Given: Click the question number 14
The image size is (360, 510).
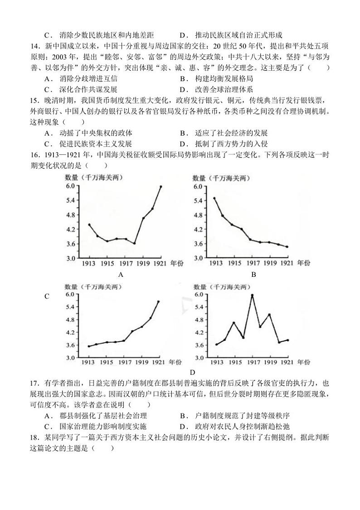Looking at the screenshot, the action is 36,46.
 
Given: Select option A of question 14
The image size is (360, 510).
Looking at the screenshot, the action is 47,78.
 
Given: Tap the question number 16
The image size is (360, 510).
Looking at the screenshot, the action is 36,155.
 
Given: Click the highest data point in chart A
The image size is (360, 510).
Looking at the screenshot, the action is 161,186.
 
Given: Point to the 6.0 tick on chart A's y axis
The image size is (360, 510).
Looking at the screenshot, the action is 70,186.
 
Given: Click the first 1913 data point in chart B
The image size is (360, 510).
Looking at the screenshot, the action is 214,198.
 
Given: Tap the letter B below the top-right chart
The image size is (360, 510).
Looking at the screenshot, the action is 254,274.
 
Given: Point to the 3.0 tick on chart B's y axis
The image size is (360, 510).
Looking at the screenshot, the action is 198,258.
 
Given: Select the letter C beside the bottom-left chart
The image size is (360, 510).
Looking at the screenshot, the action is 47,296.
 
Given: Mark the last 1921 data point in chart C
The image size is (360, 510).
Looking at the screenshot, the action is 158,301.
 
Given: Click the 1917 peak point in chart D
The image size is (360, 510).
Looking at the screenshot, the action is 252,295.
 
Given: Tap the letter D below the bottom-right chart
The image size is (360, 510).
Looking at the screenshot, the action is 192,372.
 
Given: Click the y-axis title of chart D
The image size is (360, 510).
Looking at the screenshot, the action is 221,287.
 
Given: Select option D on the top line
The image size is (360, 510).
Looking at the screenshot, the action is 182,35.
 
